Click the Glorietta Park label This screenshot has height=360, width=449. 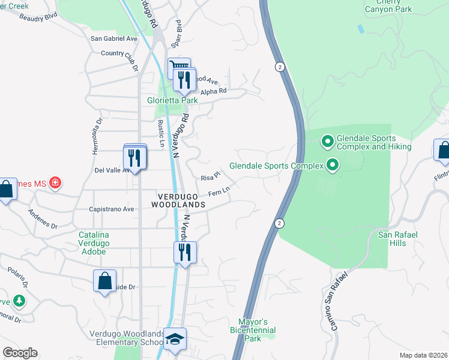[173, 101]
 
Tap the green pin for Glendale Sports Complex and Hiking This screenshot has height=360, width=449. [327, 142]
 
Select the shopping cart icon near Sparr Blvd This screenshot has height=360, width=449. [178, 67]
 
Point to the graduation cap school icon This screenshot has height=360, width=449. [175, 339]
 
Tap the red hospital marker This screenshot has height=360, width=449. [55, 182]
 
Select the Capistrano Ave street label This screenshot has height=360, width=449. [111, 209]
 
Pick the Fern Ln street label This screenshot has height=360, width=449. [219, 193]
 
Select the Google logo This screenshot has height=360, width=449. [20, 352]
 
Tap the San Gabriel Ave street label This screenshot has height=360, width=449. [114, 38]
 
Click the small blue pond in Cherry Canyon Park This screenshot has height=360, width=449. [360, 28]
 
